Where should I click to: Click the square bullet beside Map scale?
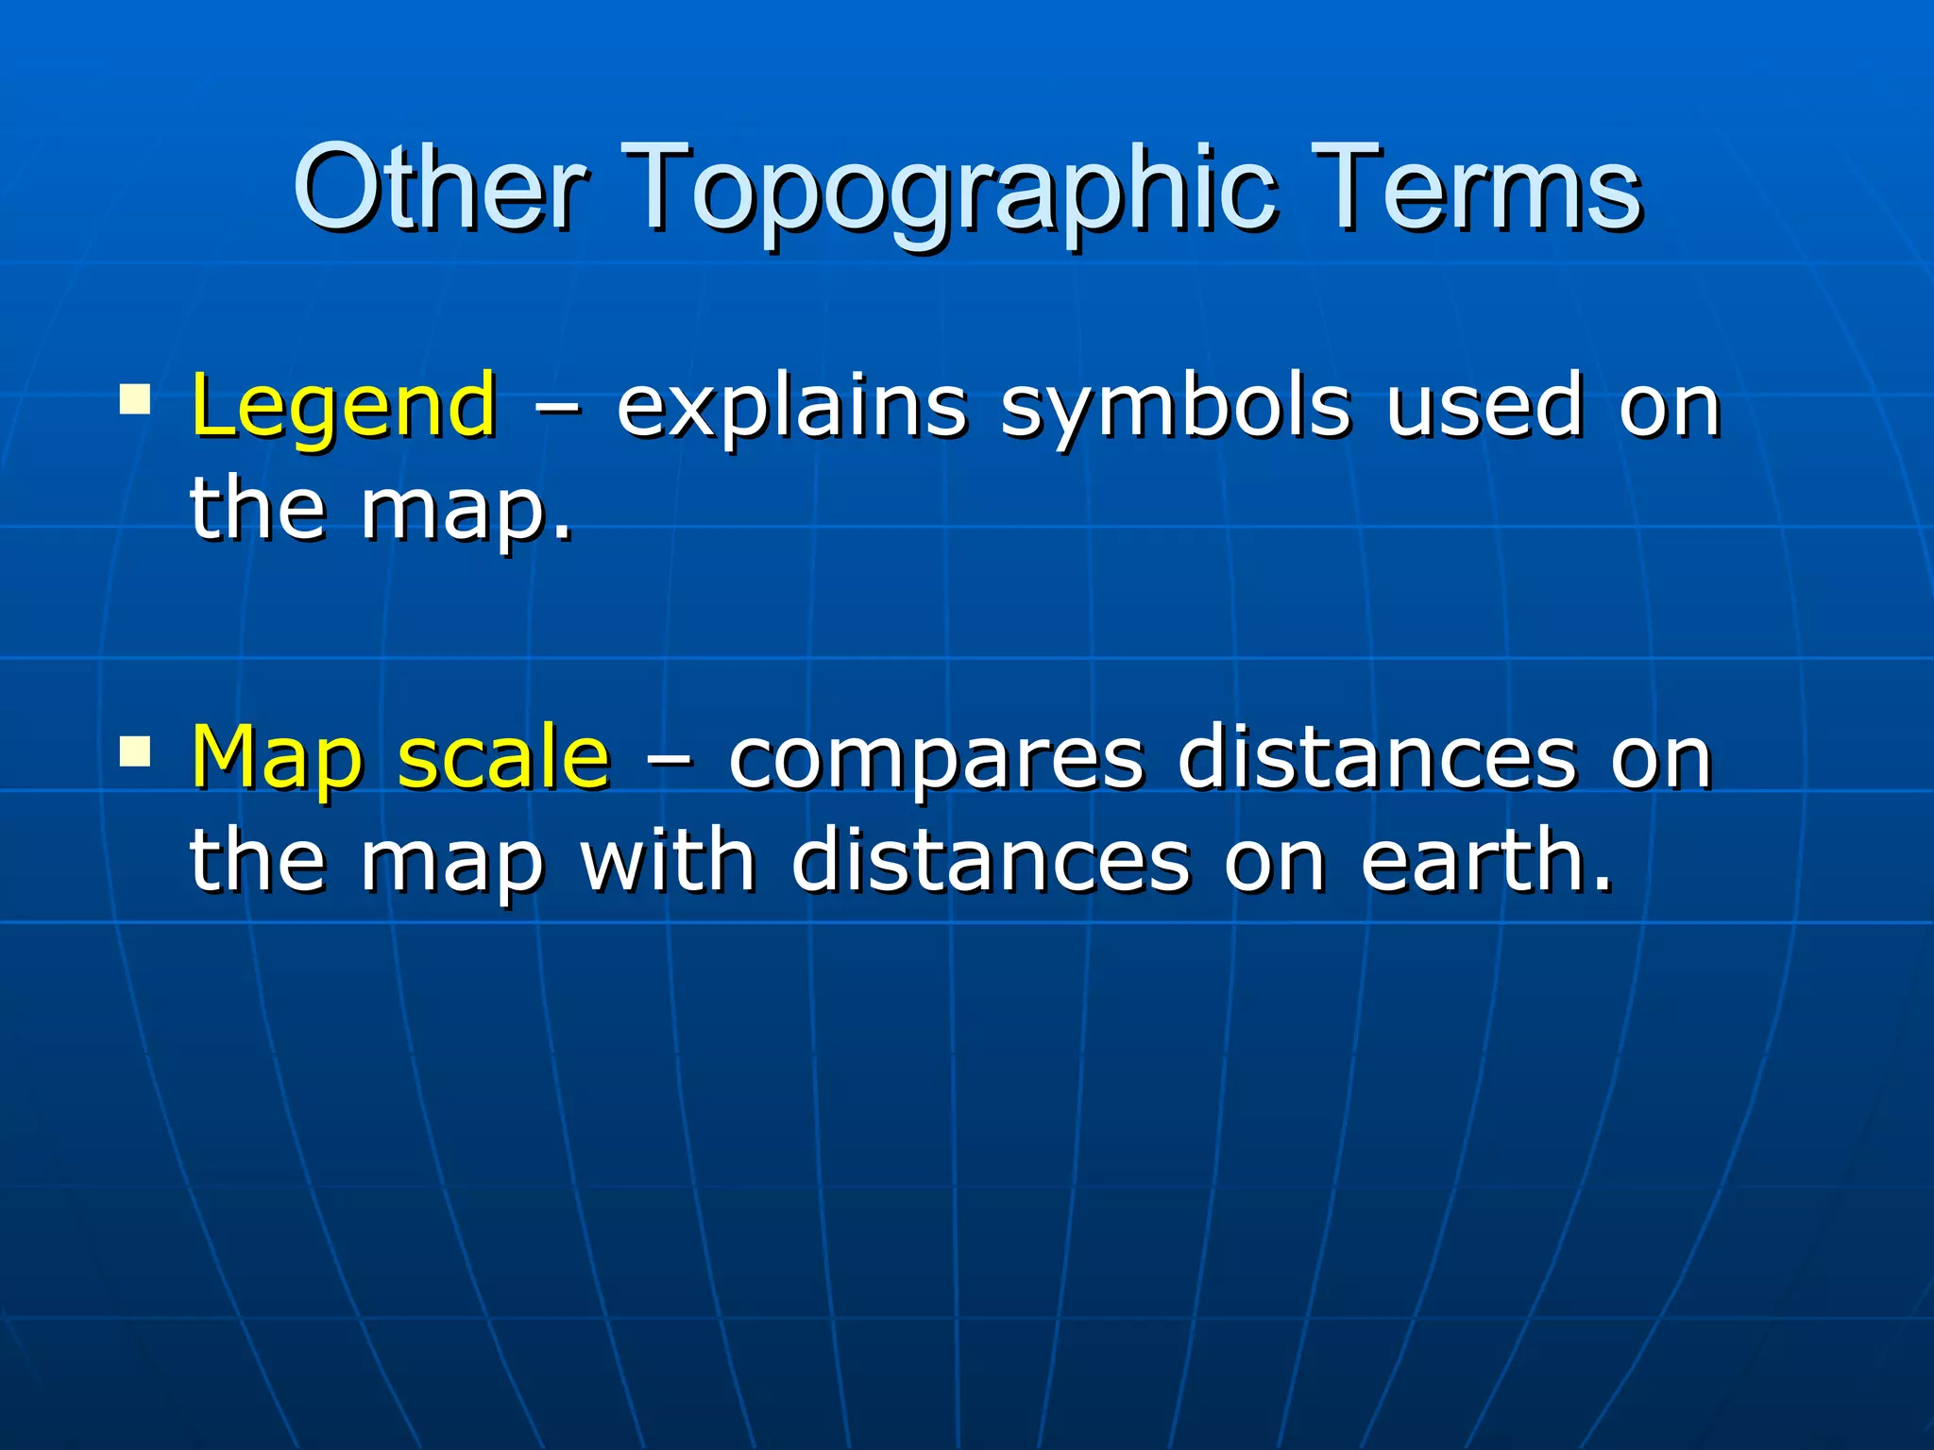(135, 751)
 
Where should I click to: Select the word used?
(1483, 406)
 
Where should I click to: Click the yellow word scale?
(503, 757)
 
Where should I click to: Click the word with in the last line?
(668, 859)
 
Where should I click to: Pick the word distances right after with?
(991, 859)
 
